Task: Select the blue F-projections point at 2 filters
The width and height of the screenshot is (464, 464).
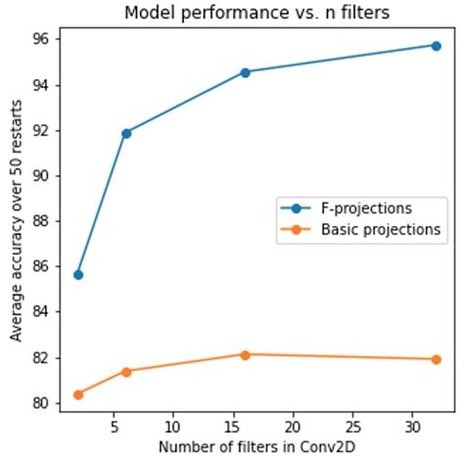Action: coord(78,274)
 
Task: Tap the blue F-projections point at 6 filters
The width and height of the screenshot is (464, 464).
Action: coord(126,132)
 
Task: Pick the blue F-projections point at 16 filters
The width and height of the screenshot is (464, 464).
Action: coord(245,71)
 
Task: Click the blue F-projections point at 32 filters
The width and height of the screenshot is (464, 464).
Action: coord(436,45)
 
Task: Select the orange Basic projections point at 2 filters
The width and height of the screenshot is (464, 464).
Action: coord(78,394)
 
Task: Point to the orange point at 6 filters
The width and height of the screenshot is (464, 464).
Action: coord(126,371)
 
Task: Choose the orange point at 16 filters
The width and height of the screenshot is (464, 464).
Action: coord(245,354)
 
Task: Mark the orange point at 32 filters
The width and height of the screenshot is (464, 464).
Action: coord(436,359)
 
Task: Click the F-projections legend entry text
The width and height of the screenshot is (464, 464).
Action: coord(365,209)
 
